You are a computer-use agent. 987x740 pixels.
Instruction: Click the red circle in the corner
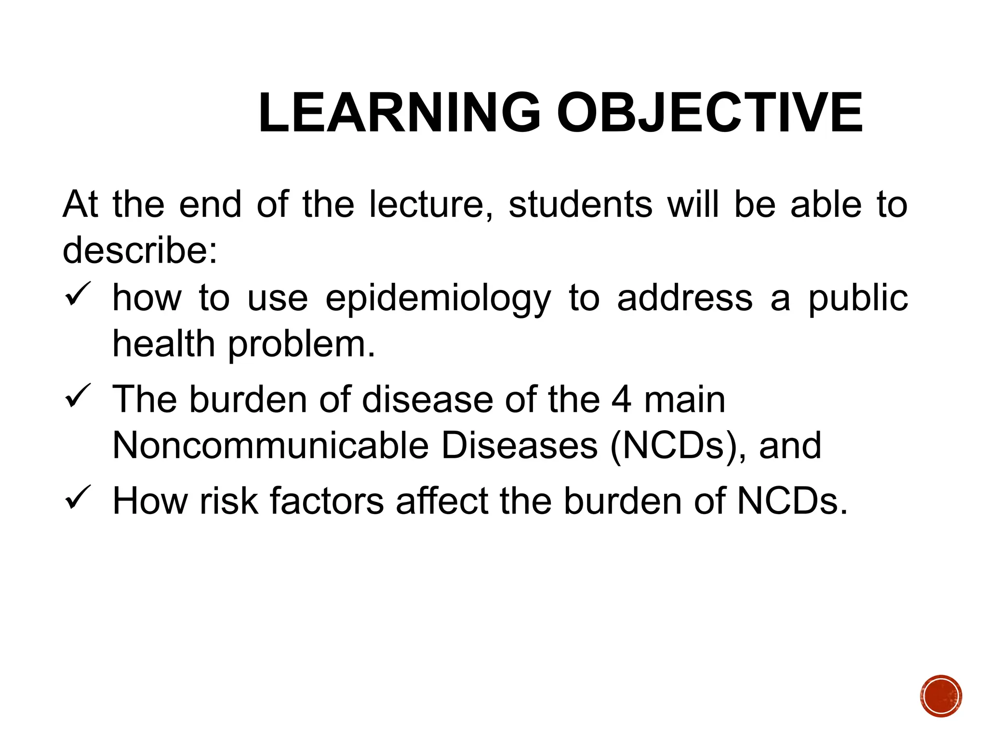coord(941,696)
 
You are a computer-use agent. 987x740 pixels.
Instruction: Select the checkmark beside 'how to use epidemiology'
coord(77,294)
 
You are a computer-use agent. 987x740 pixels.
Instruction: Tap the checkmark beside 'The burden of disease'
coord(77,396)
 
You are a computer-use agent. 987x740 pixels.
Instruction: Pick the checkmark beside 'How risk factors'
coord(77,497)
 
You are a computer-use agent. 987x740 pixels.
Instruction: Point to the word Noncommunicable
coord(270,446)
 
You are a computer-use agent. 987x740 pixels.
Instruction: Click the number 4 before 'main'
coord(621,399)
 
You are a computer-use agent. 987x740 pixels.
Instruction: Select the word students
coord(580,204)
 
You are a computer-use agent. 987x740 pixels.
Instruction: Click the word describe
coord(139,251)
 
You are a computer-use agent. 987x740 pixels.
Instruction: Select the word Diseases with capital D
coord(519,446)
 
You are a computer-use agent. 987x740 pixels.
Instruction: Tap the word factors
coord(327,501)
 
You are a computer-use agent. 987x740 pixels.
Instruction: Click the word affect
coord(442,501)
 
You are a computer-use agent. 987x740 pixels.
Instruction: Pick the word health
coord(163,345)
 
